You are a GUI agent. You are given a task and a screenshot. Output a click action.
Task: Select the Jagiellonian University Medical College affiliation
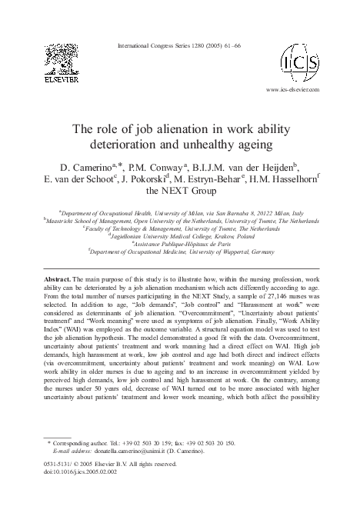pos(180,237)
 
